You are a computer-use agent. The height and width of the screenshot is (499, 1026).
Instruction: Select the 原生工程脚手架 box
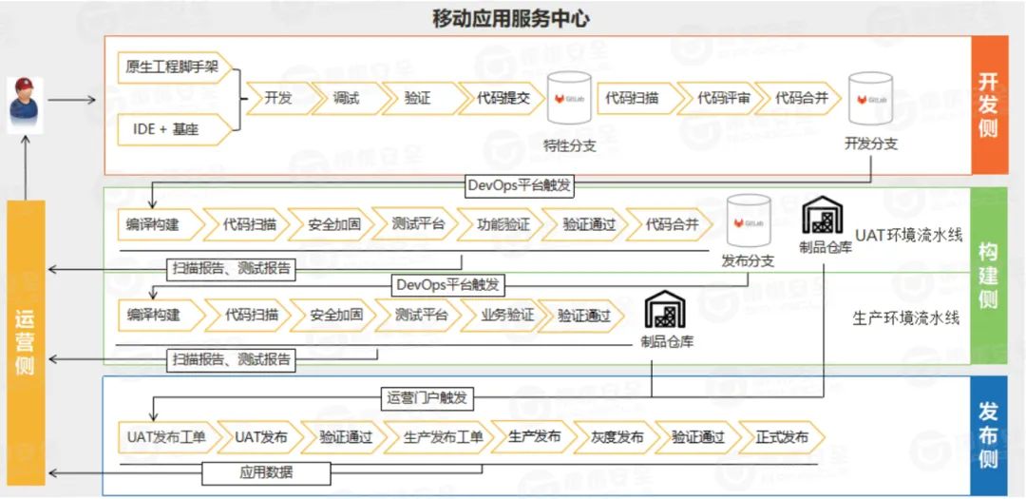(x=172, y=68)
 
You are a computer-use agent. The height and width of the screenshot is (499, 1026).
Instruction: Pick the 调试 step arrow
(x=346, y=99)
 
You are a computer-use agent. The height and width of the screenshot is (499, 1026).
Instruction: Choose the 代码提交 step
(x=501, y=99)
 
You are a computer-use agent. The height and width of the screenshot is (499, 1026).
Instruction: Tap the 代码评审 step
(x=724, y=99)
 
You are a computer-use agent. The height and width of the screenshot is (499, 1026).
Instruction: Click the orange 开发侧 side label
(x=988, y=105)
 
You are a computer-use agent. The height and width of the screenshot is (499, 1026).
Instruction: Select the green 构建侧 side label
(x=988, y=275)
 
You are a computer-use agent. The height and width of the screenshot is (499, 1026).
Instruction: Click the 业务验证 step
(x=501, y=316)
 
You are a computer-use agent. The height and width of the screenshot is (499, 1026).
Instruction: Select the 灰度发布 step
(x=617, y=437)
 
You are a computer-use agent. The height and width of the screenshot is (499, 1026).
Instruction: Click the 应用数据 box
(x=266, y=472)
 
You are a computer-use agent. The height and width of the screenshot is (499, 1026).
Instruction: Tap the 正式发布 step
(x=782, y=437)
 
